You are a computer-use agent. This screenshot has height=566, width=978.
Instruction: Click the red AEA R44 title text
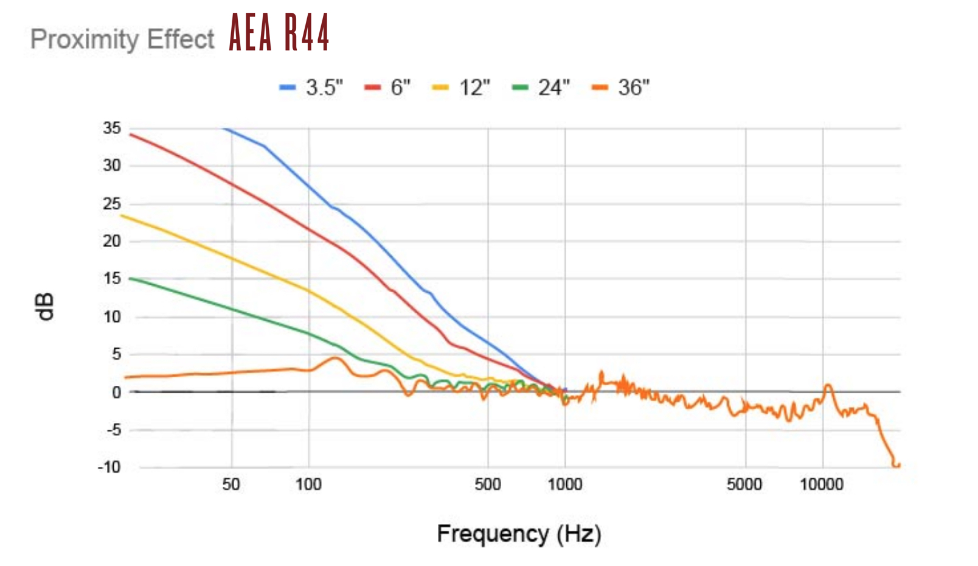pyautogui.click(x=279, y=32)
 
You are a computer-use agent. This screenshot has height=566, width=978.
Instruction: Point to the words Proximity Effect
pyautogui.click(x=122, y=40)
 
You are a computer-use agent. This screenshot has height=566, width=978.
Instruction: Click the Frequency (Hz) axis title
pyautogui.click(x=519, y=534)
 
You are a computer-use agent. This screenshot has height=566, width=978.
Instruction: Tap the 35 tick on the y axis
pyautogui.click(x=112, y=128)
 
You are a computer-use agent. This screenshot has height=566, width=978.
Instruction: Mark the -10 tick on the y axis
pyautogui.click(x=109, y=467)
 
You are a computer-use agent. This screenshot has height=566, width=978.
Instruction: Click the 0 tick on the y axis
pyautogui.click(x=116, y=393)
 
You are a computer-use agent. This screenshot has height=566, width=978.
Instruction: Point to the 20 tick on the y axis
pyautogui.click(x=112, y=242)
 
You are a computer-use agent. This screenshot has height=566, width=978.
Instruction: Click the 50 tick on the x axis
pyautogui.click(x=231, y=484)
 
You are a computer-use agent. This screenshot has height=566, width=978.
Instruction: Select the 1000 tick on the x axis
pyautogui.click(x=565, y=484)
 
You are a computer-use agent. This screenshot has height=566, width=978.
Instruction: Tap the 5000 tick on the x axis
pyautogui.click(x=744, y=484)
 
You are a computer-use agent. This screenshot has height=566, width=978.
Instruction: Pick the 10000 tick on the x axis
pyautogui.click(x=822, y=484)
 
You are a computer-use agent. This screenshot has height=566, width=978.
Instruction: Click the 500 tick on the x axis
pyautogui.click(x=488, y=484)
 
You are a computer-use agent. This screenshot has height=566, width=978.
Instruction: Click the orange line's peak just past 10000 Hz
pyautogui.click(x=828, y=385)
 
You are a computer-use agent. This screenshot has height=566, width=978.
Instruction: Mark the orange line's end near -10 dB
pyautogui.click(x=897, y=466)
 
